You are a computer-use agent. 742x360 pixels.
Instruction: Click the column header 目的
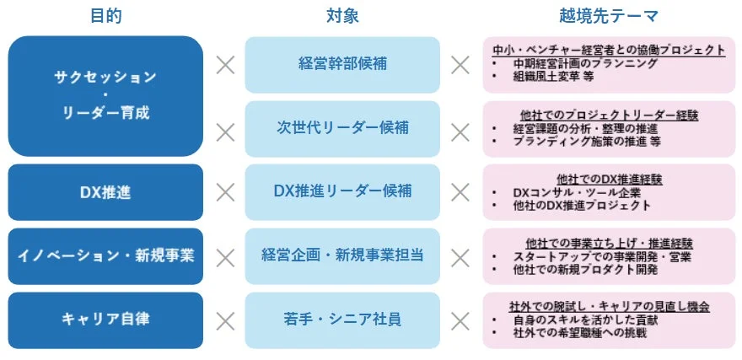pyautogui.click(x=105, y=15)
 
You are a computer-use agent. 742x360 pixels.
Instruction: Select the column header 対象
pyautogui.click(x=342, y=15)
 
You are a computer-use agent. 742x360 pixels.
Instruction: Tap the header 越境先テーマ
pyautogui.click(x=608, y=15)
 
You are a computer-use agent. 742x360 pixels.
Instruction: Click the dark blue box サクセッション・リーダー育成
pyautogui.click(x=105, y=95)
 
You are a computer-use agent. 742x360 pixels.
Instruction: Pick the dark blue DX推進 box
pyautogui.click(x=105, y=192)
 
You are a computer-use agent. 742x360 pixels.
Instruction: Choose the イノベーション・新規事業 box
pyautogui.click(x=105, y=255)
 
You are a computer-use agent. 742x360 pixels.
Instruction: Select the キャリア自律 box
pyautogui.click(x=105, y=320)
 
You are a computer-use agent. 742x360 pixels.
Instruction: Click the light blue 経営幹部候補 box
pyautogui.click(x=342, y=64)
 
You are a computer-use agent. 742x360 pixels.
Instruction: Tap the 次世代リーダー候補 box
pyautogui.click(x=342, y=128)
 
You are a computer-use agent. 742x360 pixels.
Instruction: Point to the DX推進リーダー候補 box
pyautogui.click(x=342, y=192)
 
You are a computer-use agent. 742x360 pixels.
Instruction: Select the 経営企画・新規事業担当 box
pyautogui.click(x=342, y=255)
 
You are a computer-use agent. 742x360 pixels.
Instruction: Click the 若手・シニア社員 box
pyautogui.click(x=342, y=320)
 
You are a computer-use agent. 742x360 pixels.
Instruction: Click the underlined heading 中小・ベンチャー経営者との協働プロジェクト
pyautogui.click(x=609, y=50)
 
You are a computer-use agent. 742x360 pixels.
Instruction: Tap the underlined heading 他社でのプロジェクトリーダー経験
pyautogui.click(x=609, y=115)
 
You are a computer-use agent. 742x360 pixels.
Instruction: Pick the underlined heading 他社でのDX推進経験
pyautogui.click(x=609, y=180)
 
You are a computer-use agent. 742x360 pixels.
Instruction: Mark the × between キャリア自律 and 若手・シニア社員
pyautogui.click(x=225, y=320)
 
